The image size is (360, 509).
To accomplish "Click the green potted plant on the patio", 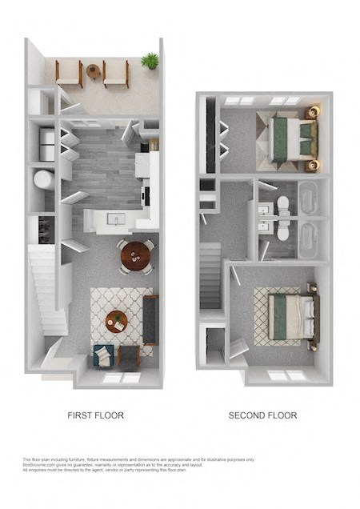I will (150, 61).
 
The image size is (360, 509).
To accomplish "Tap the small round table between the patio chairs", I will (94, 71).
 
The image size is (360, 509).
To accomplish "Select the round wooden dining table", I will (134, 256).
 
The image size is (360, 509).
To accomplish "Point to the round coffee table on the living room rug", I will (116, 320).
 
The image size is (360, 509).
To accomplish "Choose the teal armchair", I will (103, 355).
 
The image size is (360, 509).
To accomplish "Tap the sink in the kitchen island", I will (117, 218).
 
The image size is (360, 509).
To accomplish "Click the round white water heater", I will (42, 179).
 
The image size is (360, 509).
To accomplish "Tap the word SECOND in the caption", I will (246, 415).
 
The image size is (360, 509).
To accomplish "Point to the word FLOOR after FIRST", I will (111, 415).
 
